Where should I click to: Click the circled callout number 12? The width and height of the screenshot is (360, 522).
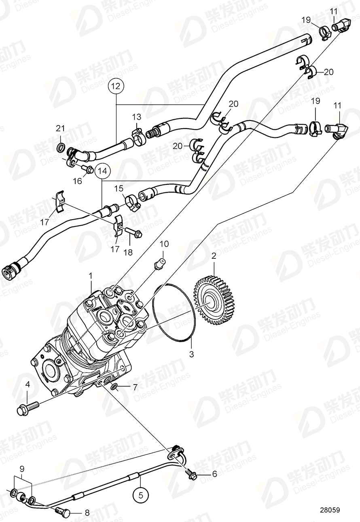click(x=116, y=86)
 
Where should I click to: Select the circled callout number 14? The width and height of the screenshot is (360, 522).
click(x=103, y=171)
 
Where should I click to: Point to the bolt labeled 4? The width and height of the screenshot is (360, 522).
click(x=26, y=407)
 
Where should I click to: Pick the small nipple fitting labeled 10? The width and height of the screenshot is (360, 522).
click(x=161, y=264)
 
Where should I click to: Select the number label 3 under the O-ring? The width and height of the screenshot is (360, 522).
click(x=192, y=355)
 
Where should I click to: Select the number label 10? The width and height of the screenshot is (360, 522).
click(x=164, y=244)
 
